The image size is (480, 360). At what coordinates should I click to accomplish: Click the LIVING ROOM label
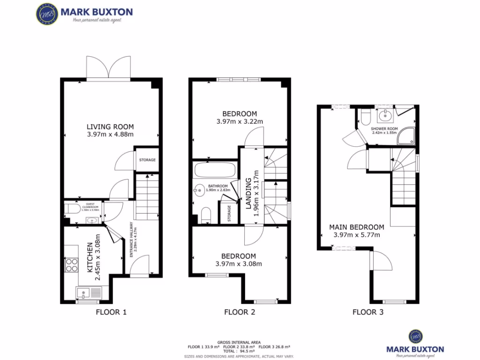(x=110, y=127)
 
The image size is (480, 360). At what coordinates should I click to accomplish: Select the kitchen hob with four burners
(x=72, y=265)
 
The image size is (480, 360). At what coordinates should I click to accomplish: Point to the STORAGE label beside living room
(x=147, y=160)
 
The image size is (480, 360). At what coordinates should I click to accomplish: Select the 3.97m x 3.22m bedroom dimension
(x=240, y=122)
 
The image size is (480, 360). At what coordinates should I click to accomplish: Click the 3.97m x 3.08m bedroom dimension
(x=239, y=264)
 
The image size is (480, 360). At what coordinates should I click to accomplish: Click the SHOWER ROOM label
(x=384, y=128)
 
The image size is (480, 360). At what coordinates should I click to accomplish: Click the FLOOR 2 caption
(x=240, y=312)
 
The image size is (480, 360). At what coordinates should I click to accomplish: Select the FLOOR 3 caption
(x=367, y=312)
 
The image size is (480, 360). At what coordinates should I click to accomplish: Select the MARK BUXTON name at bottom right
(x=415, y=349)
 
